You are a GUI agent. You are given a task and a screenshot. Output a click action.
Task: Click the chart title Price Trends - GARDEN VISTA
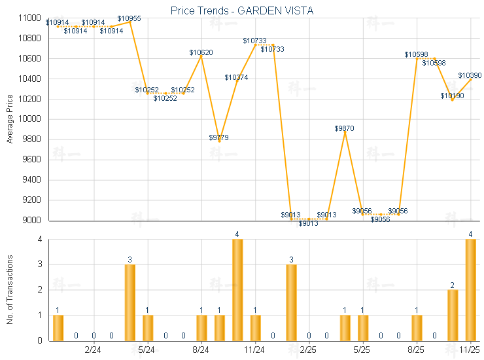coord(241,10)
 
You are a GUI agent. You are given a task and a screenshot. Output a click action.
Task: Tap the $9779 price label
coord(219,137)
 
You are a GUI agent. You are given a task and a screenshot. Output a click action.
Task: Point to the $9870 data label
coord(344,128)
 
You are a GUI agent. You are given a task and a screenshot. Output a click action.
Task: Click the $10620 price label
coord(201,52)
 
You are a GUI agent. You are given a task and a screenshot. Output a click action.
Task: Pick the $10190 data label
coord(452,96)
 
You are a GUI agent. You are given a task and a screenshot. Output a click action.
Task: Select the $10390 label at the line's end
coord(470,75)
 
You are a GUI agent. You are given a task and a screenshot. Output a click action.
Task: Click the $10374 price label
coord(236,77)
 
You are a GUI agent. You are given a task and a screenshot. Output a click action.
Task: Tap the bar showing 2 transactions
coord(453,315)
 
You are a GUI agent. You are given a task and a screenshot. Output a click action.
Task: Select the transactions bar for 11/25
coord(470,289)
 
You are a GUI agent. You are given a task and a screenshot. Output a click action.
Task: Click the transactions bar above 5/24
coord(148,327)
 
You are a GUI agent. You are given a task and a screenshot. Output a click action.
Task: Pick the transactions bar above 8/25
coord(417,327)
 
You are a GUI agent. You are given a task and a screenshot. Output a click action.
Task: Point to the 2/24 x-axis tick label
coord(94,350)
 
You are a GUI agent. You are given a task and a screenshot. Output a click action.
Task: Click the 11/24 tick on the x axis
coord(255,350)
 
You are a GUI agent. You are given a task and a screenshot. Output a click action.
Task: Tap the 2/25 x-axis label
coord(309,350)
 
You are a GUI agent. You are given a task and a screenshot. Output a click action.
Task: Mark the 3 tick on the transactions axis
coord(39,264)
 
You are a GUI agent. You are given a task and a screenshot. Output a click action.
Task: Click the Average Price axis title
coord(10,119)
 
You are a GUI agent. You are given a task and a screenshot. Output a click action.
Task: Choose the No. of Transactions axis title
coord(10,290)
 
